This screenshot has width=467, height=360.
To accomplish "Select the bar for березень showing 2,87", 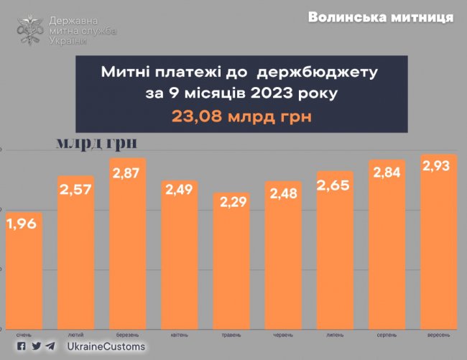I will point(128,244).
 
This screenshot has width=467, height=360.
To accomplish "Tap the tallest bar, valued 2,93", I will point(439,241).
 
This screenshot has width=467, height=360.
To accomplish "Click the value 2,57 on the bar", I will point(75,190).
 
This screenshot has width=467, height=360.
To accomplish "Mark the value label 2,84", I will point(387,173).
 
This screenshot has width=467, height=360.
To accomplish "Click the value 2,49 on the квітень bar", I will point(180,192).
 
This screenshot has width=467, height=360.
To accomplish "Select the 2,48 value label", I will point(284,194).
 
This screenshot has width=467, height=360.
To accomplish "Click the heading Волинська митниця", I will point(381,17).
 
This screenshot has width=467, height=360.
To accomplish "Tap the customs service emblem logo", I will point(30,29).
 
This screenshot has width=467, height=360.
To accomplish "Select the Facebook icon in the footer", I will point(22,346).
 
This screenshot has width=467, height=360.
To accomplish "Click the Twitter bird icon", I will point(36,346).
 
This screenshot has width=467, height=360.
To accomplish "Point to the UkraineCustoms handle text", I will point(106,347).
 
